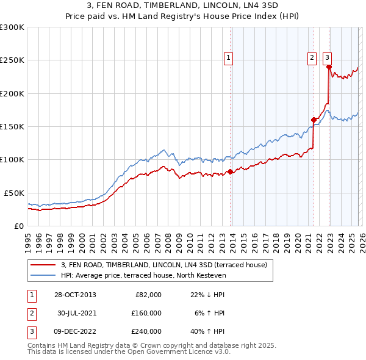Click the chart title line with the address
[183, 5]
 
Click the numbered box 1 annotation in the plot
[228, 58]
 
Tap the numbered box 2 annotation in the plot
[312, 58]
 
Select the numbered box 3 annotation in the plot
[327, 58]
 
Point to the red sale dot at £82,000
[230, 171]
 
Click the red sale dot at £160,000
[314, 120]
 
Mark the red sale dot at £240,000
[329, 67]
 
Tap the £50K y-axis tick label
[14, 193]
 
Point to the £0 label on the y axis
[19, 226]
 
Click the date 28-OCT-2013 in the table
[75, 295]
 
